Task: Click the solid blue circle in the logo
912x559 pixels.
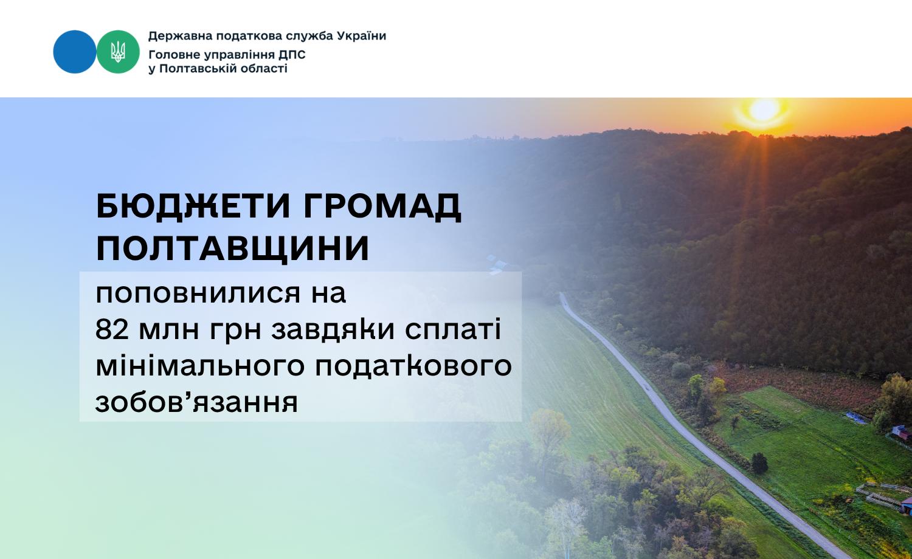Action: point(75,52)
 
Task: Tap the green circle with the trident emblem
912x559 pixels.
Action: point(118,52)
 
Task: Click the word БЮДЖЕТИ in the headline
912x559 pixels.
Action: point(193,206)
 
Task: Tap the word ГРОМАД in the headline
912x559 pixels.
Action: point(382,206)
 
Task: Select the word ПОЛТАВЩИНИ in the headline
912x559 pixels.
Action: point(232,248)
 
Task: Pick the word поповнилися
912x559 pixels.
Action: point(198,293)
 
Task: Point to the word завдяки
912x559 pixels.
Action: point(333,329)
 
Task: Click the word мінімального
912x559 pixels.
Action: point(200,366)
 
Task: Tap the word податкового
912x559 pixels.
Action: point(413,366)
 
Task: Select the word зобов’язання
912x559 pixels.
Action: point(196,402)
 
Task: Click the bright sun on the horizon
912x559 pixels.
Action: point(764,110)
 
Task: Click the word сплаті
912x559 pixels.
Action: point(453,329)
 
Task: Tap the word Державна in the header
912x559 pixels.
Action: point(181,36)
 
